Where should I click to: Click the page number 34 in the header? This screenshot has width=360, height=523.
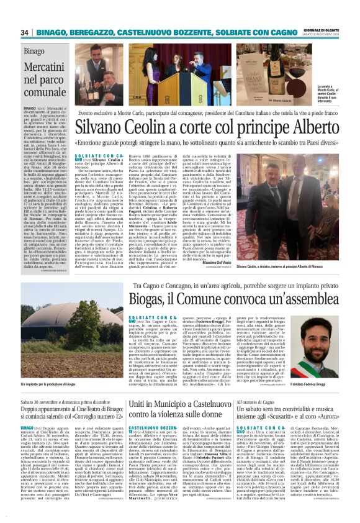click(25, 32)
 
